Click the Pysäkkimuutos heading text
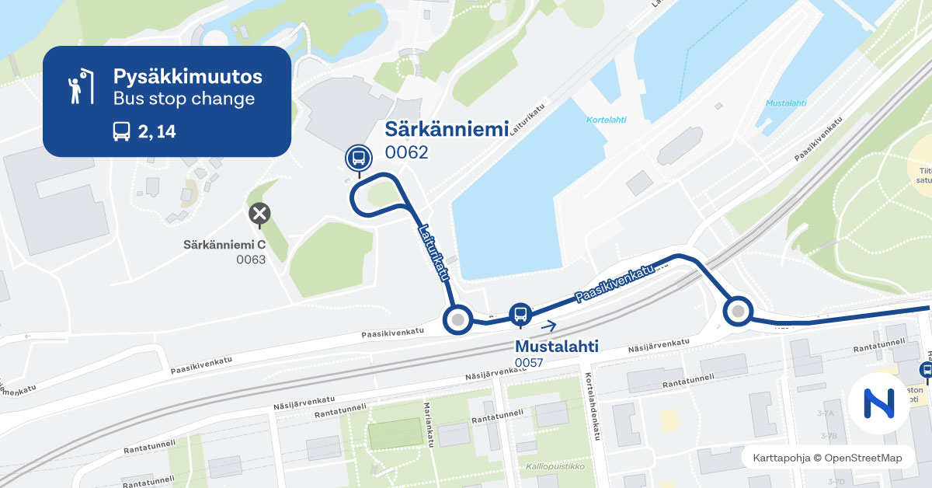coord(187,77)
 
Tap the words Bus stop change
coord(183,99)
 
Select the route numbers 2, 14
coord(157,132)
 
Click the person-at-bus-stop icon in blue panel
coord(76,87)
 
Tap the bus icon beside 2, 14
coord(122,131)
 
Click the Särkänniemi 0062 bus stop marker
coord(358,158)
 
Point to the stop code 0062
coord(406,152)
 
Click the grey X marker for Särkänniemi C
coord(259,213)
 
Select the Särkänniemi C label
coord(224,245)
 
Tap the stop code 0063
coord(251,260)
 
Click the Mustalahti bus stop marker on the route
coord(520,313)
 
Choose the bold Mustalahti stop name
coord(557,346)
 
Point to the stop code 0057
coord(528,363)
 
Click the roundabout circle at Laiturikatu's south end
coord(457,319)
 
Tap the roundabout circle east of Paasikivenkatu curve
coord(738,312)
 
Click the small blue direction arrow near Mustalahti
coord(549,326)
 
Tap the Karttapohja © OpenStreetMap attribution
coord(827,458)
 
